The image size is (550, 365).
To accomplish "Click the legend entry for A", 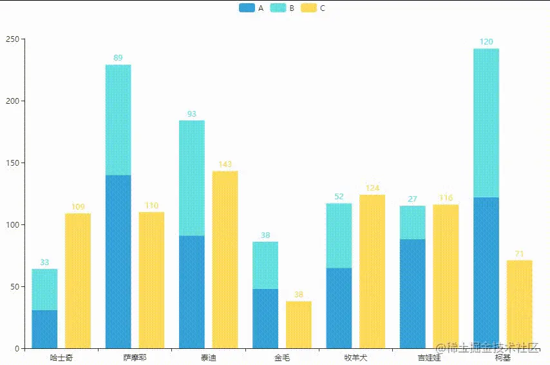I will pos(251,8).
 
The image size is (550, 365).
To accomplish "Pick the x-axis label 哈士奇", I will pos(61,357).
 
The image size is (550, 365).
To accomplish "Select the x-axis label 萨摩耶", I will pos(135,357).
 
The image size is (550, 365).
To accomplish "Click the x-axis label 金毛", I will pos(281,357).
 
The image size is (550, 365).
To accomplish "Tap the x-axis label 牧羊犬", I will pos(356,357).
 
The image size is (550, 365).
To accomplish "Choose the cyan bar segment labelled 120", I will pos(486,123).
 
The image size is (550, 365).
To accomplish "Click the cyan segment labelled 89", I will pos(118,119).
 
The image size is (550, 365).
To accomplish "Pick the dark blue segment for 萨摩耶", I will pos(118,261).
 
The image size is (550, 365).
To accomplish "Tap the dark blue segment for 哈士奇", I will pos(44,329).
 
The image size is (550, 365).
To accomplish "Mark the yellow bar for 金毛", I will pos(298,324).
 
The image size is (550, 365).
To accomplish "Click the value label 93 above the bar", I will pos(191,114).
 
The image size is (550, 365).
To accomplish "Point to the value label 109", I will pos(77,207).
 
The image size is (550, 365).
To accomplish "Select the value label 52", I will pos(339,197).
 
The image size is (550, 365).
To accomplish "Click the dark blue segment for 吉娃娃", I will pos(412,293).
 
